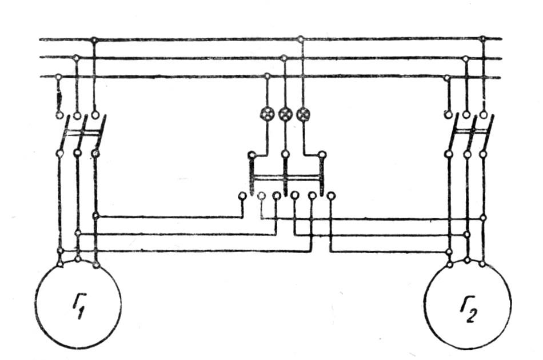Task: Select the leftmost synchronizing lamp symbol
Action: pyautogui.click(x=267, y=114)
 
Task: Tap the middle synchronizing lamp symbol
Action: pyautogui.click(x=285, y=114)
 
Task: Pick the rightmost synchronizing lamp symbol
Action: pyautogui.click(x=303, y=114)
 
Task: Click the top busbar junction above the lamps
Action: pyautogui.click(x=301, y=39)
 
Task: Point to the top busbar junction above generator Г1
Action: pyautogui.click(x=94, y=39)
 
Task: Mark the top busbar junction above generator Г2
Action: pyautogui.click(x=483, y=39)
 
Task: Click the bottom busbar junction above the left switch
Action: pyautogui.click(x=58, y=77)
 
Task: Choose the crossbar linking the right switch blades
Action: pyautogui.click(x=470, y=133)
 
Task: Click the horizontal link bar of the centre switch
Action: pyautogui.click(x=288, y=178)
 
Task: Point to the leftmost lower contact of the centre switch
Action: pyautogui.click(x=242, y=196)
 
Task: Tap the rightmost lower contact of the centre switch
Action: pyautogui.click(x=330, y=196)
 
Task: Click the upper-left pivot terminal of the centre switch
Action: pyautogui.click(x=251, y=155)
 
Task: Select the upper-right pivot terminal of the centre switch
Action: pyautogui.click(x=322, y=154)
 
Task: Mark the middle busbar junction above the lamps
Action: pyautogui.click(x=284, y=58)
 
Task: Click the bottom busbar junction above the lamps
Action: pyautogui.click(x=267, y=76)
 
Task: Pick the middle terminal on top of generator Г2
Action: pyautogui.click(x=467, y=261)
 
